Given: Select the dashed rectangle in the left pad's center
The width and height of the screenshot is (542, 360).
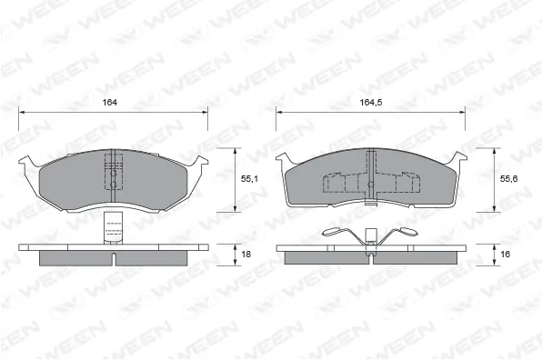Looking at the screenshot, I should tap(114, 173).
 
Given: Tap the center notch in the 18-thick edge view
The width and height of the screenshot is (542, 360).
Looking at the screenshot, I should tap(114, 258).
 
